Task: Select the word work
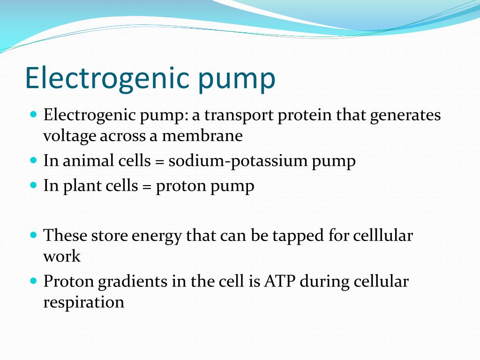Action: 61,256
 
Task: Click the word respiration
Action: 83,302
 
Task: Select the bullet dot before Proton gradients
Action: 33,280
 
